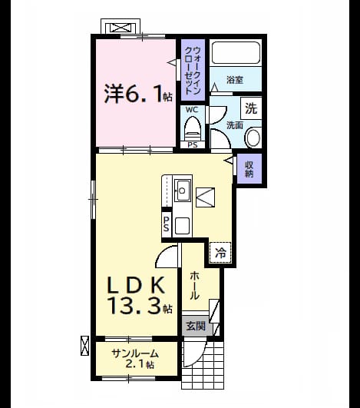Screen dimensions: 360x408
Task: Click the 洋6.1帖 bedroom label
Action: tap(138, 93)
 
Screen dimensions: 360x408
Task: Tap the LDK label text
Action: tap(136, 285)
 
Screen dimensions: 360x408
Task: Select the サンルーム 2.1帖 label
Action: tap(135, 359)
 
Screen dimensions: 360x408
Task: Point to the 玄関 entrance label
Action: tap(196, 326)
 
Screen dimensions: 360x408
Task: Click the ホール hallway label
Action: tap(194, 286)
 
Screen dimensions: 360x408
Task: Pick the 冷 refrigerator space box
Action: tap(220, 252)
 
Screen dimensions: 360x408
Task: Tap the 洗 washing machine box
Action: tap(251, 108)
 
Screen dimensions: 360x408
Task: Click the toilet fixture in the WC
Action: tap(193, 129)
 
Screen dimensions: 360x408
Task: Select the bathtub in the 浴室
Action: tap(236, 52)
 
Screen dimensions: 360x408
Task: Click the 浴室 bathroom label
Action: tap(235, 80)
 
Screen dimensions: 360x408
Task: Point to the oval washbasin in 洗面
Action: tap(253, 138)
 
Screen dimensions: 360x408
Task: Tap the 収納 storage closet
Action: tap(249, 169)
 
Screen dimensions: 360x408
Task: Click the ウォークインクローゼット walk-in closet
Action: tap(193, 70)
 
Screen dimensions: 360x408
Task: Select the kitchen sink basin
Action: tap(183, 191)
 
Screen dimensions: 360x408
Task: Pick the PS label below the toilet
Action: tap(193, 145)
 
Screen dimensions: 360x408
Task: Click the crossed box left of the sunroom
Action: tap(84, 346)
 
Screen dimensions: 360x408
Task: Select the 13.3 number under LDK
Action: tap(134, 306)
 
